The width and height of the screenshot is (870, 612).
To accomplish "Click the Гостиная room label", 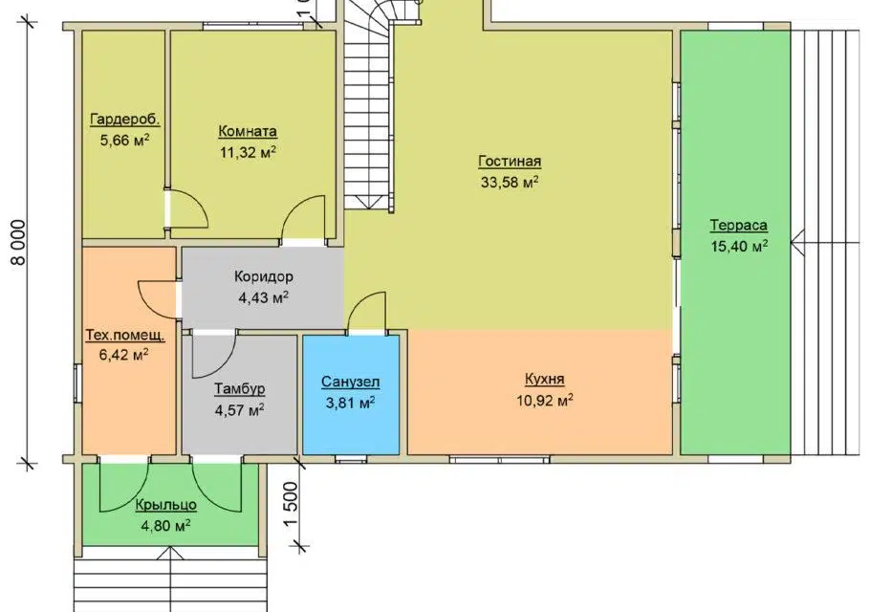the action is tap(510, 162).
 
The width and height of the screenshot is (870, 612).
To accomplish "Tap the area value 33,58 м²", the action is tap(510, 182).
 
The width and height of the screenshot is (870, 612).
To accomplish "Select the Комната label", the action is tap(248, 132).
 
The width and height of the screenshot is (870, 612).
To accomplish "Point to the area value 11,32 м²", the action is tap(248, 152).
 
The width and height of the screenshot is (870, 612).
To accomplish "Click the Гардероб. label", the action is tap(125, 120).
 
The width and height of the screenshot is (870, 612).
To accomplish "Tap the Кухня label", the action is tap(544, 379).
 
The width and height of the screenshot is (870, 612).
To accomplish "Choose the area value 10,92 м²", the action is tap(545, 400).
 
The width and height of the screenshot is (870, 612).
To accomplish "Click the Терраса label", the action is tap(738, 226).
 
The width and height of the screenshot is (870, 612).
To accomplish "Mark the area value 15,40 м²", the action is tap(739, 246).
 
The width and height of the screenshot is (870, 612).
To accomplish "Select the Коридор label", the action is tap(264, 276).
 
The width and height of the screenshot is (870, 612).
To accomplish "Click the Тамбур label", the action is tap(240, 389).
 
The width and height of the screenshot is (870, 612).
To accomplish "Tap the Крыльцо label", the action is tap(166, 505).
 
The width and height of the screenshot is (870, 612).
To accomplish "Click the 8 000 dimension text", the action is tap(18, 243).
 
